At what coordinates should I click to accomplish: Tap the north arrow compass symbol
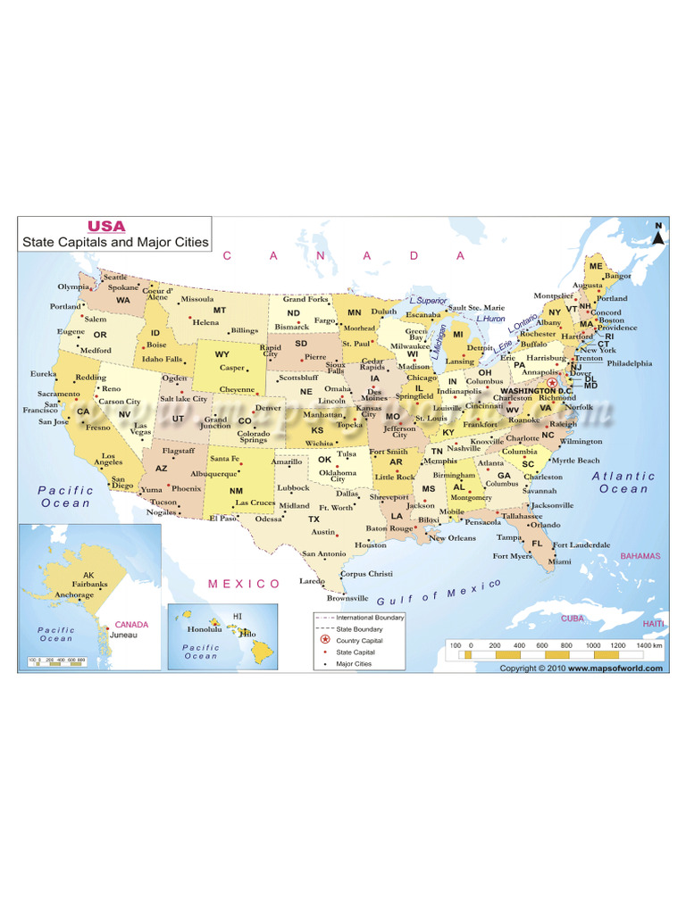click(x=658, y=234)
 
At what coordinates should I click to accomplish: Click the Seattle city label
click(x=115, y=278)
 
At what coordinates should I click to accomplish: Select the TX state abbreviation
click(x=314, y=519)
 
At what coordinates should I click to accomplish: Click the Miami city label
click(x=560, y=561)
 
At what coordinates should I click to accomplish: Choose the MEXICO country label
click(x=244, y=583)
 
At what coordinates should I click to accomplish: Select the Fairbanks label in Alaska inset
click(x=89, y=584)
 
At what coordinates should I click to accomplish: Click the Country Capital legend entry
click(x=359, y=641)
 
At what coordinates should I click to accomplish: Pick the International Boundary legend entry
click(x=370, y=617)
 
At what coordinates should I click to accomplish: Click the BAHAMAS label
click(x=640, y=555)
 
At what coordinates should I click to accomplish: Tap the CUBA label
click(x=573, y=618)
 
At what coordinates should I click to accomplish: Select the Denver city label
click(x=268, y=408)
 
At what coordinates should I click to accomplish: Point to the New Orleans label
click(x=452, y=538)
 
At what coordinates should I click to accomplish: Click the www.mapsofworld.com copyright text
click(x=615, y=668)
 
